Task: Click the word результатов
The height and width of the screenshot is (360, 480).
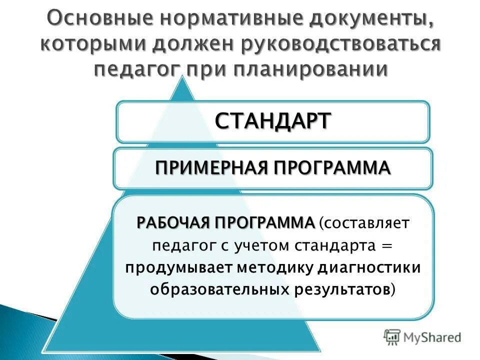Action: point(339,289)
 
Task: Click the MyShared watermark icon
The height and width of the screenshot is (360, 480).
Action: point(392,336)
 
